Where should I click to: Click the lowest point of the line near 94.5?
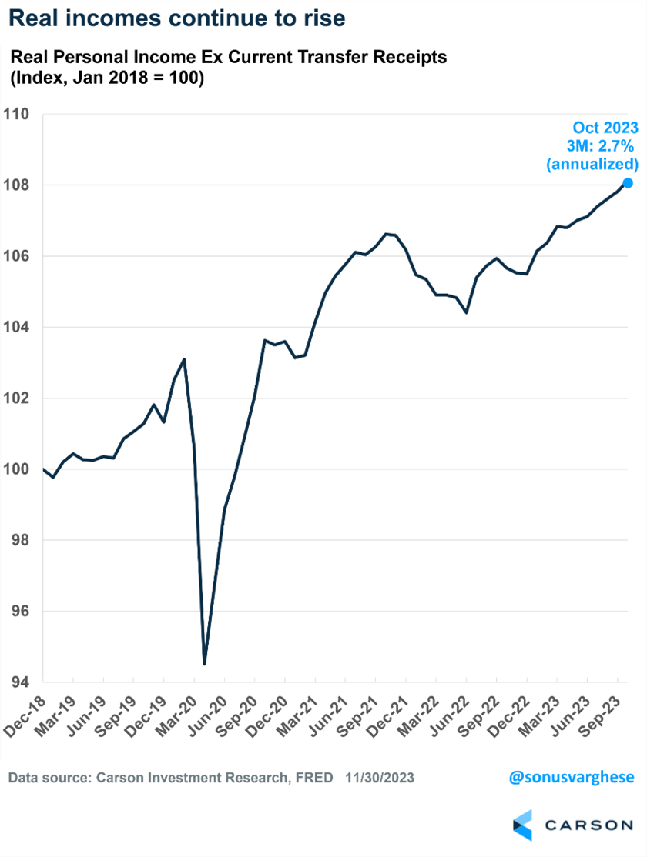[x=204, y=663]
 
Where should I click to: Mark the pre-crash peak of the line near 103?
[x=184, y=359]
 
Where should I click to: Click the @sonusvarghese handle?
[x=572, y=777]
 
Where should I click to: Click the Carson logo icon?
[x=522, y=825]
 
